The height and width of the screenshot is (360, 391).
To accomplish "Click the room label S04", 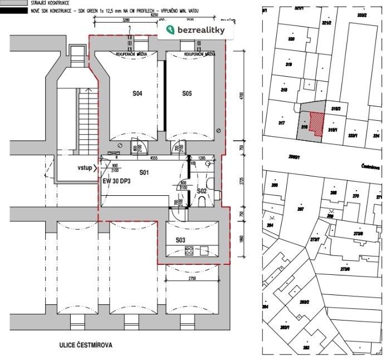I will (138, 94).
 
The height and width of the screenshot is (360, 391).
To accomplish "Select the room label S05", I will (187, 94).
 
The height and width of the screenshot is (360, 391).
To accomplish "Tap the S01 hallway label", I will (145, 172).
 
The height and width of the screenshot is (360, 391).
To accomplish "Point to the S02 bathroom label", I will (201, 191).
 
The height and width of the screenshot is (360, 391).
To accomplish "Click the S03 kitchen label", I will (181, 240).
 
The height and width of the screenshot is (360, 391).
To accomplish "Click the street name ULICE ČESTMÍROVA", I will (86, 345).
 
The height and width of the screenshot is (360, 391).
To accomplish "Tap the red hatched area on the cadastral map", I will (316, 123).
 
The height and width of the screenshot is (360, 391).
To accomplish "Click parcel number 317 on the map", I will (281, 123).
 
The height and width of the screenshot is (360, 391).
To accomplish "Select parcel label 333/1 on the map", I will (351, 135).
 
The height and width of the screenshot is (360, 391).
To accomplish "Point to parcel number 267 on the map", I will (300, 209).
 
